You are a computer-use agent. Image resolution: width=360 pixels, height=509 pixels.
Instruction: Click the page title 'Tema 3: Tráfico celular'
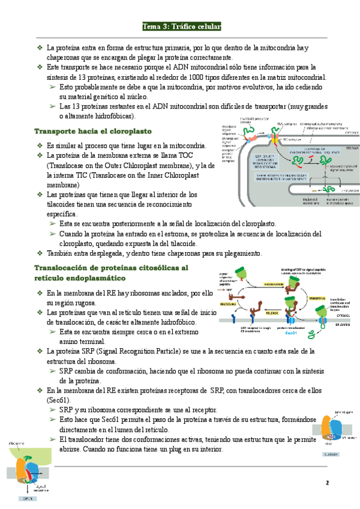182,26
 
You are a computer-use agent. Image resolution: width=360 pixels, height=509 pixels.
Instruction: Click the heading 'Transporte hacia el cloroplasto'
93,131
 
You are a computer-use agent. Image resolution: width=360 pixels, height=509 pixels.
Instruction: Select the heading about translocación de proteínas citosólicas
112,273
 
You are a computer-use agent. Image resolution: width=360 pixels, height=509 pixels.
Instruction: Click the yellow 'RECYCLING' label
228,304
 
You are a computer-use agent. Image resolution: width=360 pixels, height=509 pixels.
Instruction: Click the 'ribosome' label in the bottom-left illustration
17,443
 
